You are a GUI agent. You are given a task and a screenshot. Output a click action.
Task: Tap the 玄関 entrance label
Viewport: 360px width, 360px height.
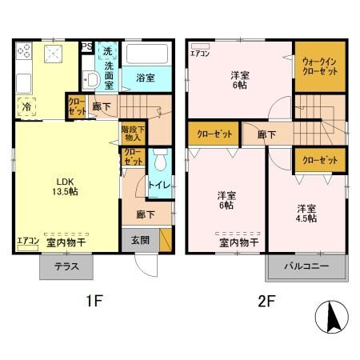point(140,238)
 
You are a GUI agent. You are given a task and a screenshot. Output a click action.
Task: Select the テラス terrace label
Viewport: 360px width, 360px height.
point(66,267)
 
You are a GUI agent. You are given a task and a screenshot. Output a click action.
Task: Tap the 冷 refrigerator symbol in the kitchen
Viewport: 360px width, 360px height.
point(26,106)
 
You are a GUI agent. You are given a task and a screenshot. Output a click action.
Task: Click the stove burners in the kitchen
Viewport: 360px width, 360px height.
point(24,54)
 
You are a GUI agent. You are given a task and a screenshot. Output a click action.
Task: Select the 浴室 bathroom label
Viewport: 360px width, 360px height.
point(145,78)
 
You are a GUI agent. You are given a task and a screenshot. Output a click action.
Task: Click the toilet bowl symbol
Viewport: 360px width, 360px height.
point(161,162)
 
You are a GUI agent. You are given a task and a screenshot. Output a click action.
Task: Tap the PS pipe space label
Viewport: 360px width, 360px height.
point(86,46)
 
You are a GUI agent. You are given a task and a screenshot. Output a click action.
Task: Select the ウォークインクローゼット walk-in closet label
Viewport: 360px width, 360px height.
point(319,66)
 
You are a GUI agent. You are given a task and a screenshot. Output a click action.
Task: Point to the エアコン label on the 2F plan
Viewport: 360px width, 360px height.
point(200,55)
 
